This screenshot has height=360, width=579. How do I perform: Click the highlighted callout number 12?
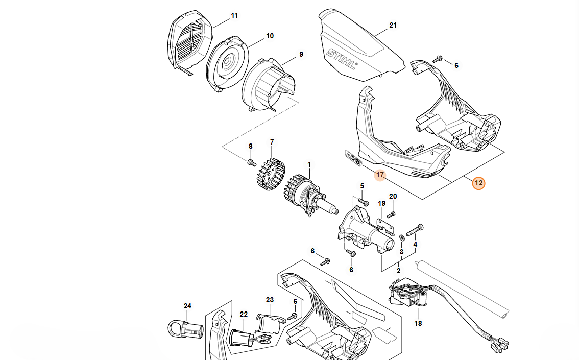(x=478, y=182)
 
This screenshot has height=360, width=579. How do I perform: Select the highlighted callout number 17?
(x=379, y=175)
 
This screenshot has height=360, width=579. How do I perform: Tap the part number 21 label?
(x=393, y=25)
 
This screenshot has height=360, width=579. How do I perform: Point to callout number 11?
(x=234, y=16)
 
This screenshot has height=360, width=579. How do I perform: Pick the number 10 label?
(x=270, y=36)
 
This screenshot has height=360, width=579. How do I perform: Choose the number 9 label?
(x=301, y=54)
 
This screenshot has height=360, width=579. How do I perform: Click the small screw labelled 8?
(x=251, y=162)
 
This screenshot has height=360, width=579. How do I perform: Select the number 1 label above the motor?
(x=308, y=165)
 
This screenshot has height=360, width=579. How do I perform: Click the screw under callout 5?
(x=363, y=202)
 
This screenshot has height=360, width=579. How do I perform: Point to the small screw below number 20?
(x=392, y=214)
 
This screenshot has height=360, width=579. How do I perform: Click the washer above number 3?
(x=402, y=236)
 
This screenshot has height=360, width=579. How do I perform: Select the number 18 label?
(x=418, y=323)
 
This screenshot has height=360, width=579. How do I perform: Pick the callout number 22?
(x=244, y=315)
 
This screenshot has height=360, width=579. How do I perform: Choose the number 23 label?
(x=270, y=300)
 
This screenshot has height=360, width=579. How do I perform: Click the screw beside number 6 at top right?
(x=437, y=59)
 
